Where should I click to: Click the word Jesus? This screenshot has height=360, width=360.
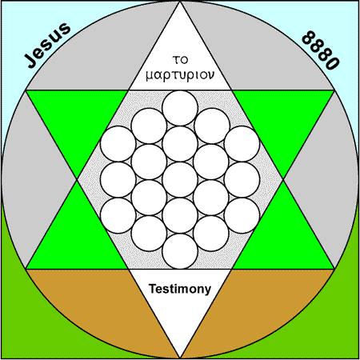47,46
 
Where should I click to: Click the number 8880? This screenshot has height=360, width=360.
321,50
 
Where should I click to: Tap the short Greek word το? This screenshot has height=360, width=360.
180,60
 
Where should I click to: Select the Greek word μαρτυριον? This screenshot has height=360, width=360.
180,75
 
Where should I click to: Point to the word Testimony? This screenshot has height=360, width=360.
180,289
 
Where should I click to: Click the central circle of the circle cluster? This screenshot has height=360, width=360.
180,180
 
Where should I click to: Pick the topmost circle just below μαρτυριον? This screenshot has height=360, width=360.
180,108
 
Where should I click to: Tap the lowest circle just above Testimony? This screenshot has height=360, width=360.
180,251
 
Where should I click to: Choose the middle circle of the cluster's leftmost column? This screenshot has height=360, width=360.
118,180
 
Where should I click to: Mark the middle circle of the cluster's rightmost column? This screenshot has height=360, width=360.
242,180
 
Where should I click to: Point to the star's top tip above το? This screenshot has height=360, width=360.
180,2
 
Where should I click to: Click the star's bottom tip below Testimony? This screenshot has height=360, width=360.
180,358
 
